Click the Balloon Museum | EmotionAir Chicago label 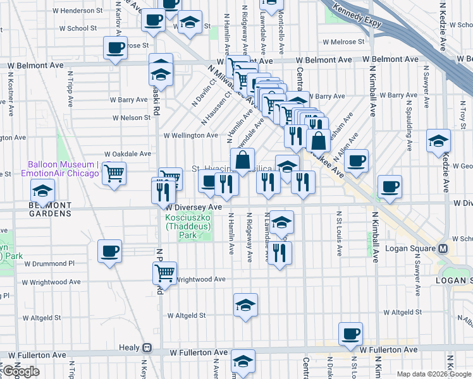click(60, 169)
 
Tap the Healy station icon click(147, 347)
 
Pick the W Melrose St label click(343, 42)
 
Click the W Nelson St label click(132, 117)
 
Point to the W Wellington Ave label click(191, 135)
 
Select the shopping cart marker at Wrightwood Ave click(164, 273)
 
